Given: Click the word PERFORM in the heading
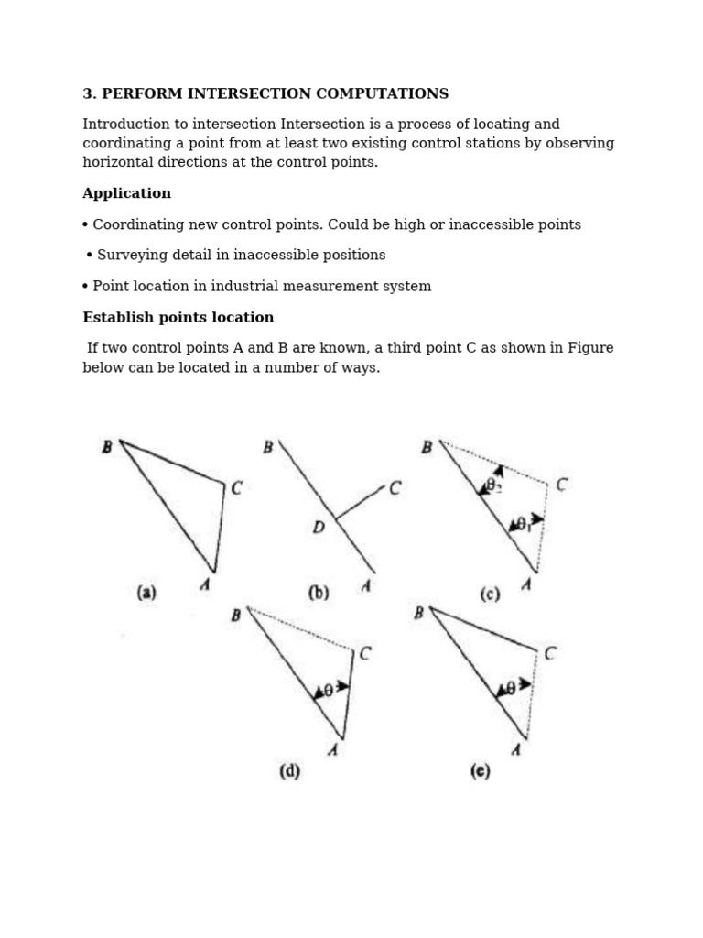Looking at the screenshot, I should coord(138,94).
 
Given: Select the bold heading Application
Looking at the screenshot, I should coord(126,194).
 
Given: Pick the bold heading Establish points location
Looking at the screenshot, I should coord(178,318).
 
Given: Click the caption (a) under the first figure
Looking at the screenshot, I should coord(146,593).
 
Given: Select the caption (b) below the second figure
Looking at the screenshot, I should coord(319,593).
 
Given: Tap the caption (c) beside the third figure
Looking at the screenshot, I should coord(490,594).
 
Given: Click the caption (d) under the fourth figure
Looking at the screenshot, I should coord(289,771).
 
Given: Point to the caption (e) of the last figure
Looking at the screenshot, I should coord(481,771).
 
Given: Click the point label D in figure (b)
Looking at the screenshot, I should coord(319,528).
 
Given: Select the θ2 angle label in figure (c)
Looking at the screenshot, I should coord(493,486).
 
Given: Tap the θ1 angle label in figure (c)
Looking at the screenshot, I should coord(523,525).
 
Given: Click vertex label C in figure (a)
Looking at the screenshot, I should coord(236,488).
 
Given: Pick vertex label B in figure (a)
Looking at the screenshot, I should coord(107,447).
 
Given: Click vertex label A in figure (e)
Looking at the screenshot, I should coord(515,750).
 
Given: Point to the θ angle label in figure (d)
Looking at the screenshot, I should coord(328,692).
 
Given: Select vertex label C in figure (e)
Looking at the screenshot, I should coord(550,654).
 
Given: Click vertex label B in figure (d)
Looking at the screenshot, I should coord(235,616).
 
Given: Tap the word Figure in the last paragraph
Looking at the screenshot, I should coord(591,349).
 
